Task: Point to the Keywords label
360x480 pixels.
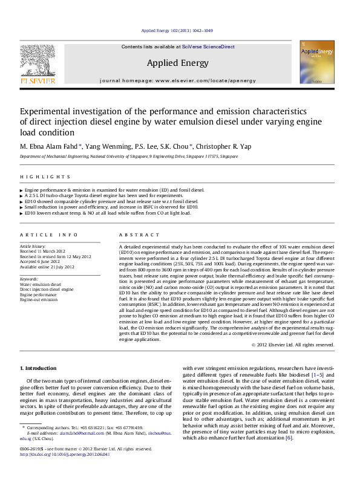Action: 29,279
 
